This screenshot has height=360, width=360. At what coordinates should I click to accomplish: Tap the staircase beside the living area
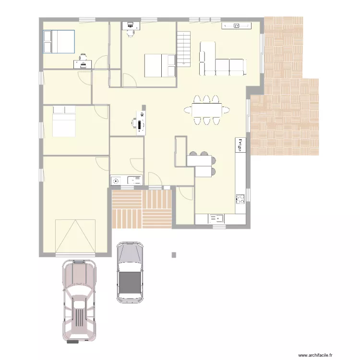tap(184, 48)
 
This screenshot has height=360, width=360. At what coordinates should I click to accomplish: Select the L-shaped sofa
tap(221, 61)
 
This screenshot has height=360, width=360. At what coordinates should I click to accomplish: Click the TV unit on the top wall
tap(236, 25)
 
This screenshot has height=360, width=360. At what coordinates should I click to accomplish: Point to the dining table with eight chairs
tap(207, 110)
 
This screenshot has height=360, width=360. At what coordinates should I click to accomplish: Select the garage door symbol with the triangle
tap(75, 236)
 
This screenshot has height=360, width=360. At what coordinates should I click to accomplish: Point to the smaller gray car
tap(130, 272)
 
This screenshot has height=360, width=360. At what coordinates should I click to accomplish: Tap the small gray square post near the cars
tap(174, 255)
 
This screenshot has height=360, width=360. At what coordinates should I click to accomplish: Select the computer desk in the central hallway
tap(141, 123)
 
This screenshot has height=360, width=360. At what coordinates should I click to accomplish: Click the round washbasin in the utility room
tap(115, 180)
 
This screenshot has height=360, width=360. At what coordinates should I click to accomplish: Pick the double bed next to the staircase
tap(160, 65)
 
